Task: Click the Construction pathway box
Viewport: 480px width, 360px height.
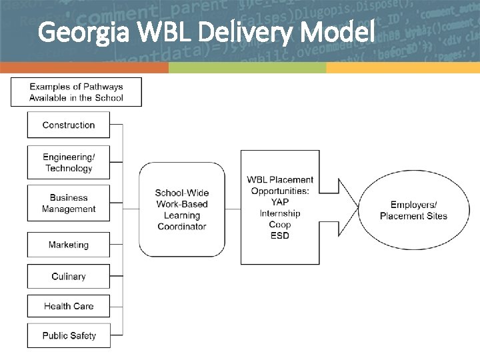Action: (x=69, y=125)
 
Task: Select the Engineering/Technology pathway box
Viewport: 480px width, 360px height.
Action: (x=69, y=163)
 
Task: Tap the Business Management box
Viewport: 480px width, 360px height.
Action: (x=69, y=203)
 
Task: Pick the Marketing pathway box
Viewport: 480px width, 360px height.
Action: (x=69, y=245)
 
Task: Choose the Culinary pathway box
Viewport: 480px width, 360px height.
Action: (x=69, y=276)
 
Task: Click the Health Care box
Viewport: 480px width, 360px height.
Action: (x=69, y=306)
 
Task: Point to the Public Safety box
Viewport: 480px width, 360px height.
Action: (x=69, y=335)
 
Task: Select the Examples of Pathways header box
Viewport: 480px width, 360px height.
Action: (x=76, y=92)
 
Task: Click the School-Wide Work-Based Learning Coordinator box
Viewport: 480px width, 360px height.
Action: (x=182, y=209)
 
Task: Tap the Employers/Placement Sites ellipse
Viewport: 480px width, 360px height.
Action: (x=413, y=210)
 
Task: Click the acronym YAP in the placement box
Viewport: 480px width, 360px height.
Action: (x=280, y=202)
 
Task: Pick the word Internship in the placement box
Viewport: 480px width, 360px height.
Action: (x=280, y=213)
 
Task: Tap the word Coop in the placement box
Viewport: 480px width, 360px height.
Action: (x=280, y=225)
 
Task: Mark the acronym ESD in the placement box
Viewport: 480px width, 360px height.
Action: (x=280, y=236)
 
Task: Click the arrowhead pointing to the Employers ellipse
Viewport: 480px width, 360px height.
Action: (x=347, y=209)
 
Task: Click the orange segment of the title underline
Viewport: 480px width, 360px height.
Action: (x=84, y=68)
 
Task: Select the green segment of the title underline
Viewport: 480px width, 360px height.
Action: (x=247, y=68)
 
